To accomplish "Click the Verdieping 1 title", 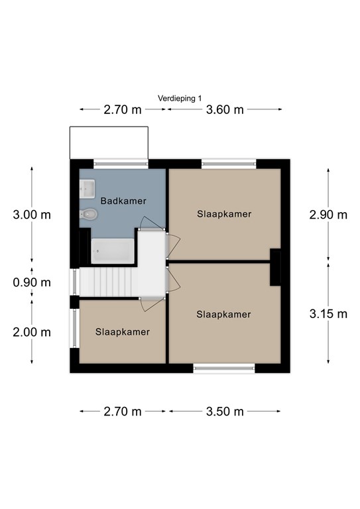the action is [x=180, y=98].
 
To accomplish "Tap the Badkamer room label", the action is [x=123, y=201].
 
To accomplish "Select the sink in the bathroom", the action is [x=88, y=189].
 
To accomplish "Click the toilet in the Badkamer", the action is [x=89, y=214].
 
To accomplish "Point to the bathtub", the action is [x=112, y=251].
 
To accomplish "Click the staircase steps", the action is [x=109, y=282].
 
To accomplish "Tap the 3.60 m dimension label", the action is [x=225, y=109].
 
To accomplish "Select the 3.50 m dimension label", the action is [x=225, y=412].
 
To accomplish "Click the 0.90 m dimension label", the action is [x=32, y=282].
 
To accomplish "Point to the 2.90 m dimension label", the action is [x=328, y=215].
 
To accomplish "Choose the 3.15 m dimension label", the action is [x=328, y=314].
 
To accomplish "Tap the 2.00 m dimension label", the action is [x=32, y=332].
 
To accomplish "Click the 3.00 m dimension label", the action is [x=32, y=215].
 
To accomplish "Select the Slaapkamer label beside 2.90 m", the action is [x=224, y=214].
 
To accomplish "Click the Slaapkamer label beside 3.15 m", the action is [x=223, y=315].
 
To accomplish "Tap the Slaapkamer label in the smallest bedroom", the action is [x=123, y=332].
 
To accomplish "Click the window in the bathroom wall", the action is [x=121, y=164].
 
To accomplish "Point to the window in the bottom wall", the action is [x=224, y=368].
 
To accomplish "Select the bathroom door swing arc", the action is [x=148, y=222].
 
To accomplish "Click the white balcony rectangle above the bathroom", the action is [x=109, y=143].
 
